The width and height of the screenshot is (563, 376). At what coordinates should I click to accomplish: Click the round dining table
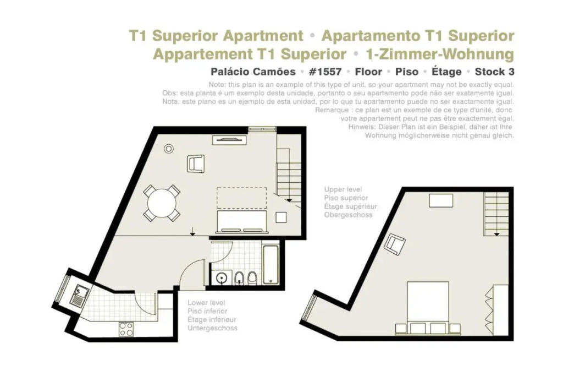(x=162, y=203)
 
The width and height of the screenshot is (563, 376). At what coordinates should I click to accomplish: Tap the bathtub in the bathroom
(x=271, y=264)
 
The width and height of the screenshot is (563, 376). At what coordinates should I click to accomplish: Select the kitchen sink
(x=79, y=295)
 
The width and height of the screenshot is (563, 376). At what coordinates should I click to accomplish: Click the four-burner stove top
(x=126, y=329)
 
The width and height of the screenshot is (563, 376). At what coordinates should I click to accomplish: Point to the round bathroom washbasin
(x=222, y=277)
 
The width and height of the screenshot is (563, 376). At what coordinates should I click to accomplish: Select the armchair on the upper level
(x=395, y=244)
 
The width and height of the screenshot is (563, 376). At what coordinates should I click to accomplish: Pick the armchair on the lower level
(x=196, y=164)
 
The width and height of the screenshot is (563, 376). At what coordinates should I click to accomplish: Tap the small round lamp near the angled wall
(x=169, y=149)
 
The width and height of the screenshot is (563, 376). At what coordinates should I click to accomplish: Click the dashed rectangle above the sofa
(x=242, y=198)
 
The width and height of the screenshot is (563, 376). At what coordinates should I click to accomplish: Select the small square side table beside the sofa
(x=281, y=217)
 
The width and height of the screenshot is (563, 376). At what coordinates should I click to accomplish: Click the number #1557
(x=325, y=72)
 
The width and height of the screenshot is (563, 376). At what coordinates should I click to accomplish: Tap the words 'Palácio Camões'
(x=253, y=72)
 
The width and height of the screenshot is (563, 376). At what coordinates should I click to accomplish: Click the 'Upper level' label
(x=343, y=189)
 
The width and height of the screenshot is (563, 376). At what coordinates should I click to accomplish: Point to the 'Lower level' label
(x=206, y=303)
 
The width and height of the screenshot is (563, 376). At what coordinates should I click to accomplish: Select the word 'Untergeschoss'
(x=212, y=328)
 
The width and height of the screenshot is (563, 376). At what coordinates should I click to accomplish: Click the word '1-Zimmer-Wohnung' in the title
(x=440, y=55)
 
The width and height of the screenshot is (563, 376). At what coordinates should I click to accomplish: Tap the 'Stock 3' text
(x=494, y=72)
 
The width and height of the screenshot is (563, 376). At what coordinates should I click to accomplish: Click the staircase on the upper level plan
(x=496, y=214)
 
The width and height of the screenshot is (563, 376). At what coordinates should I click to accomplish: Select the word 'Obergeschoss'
(x=348, y=215)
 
